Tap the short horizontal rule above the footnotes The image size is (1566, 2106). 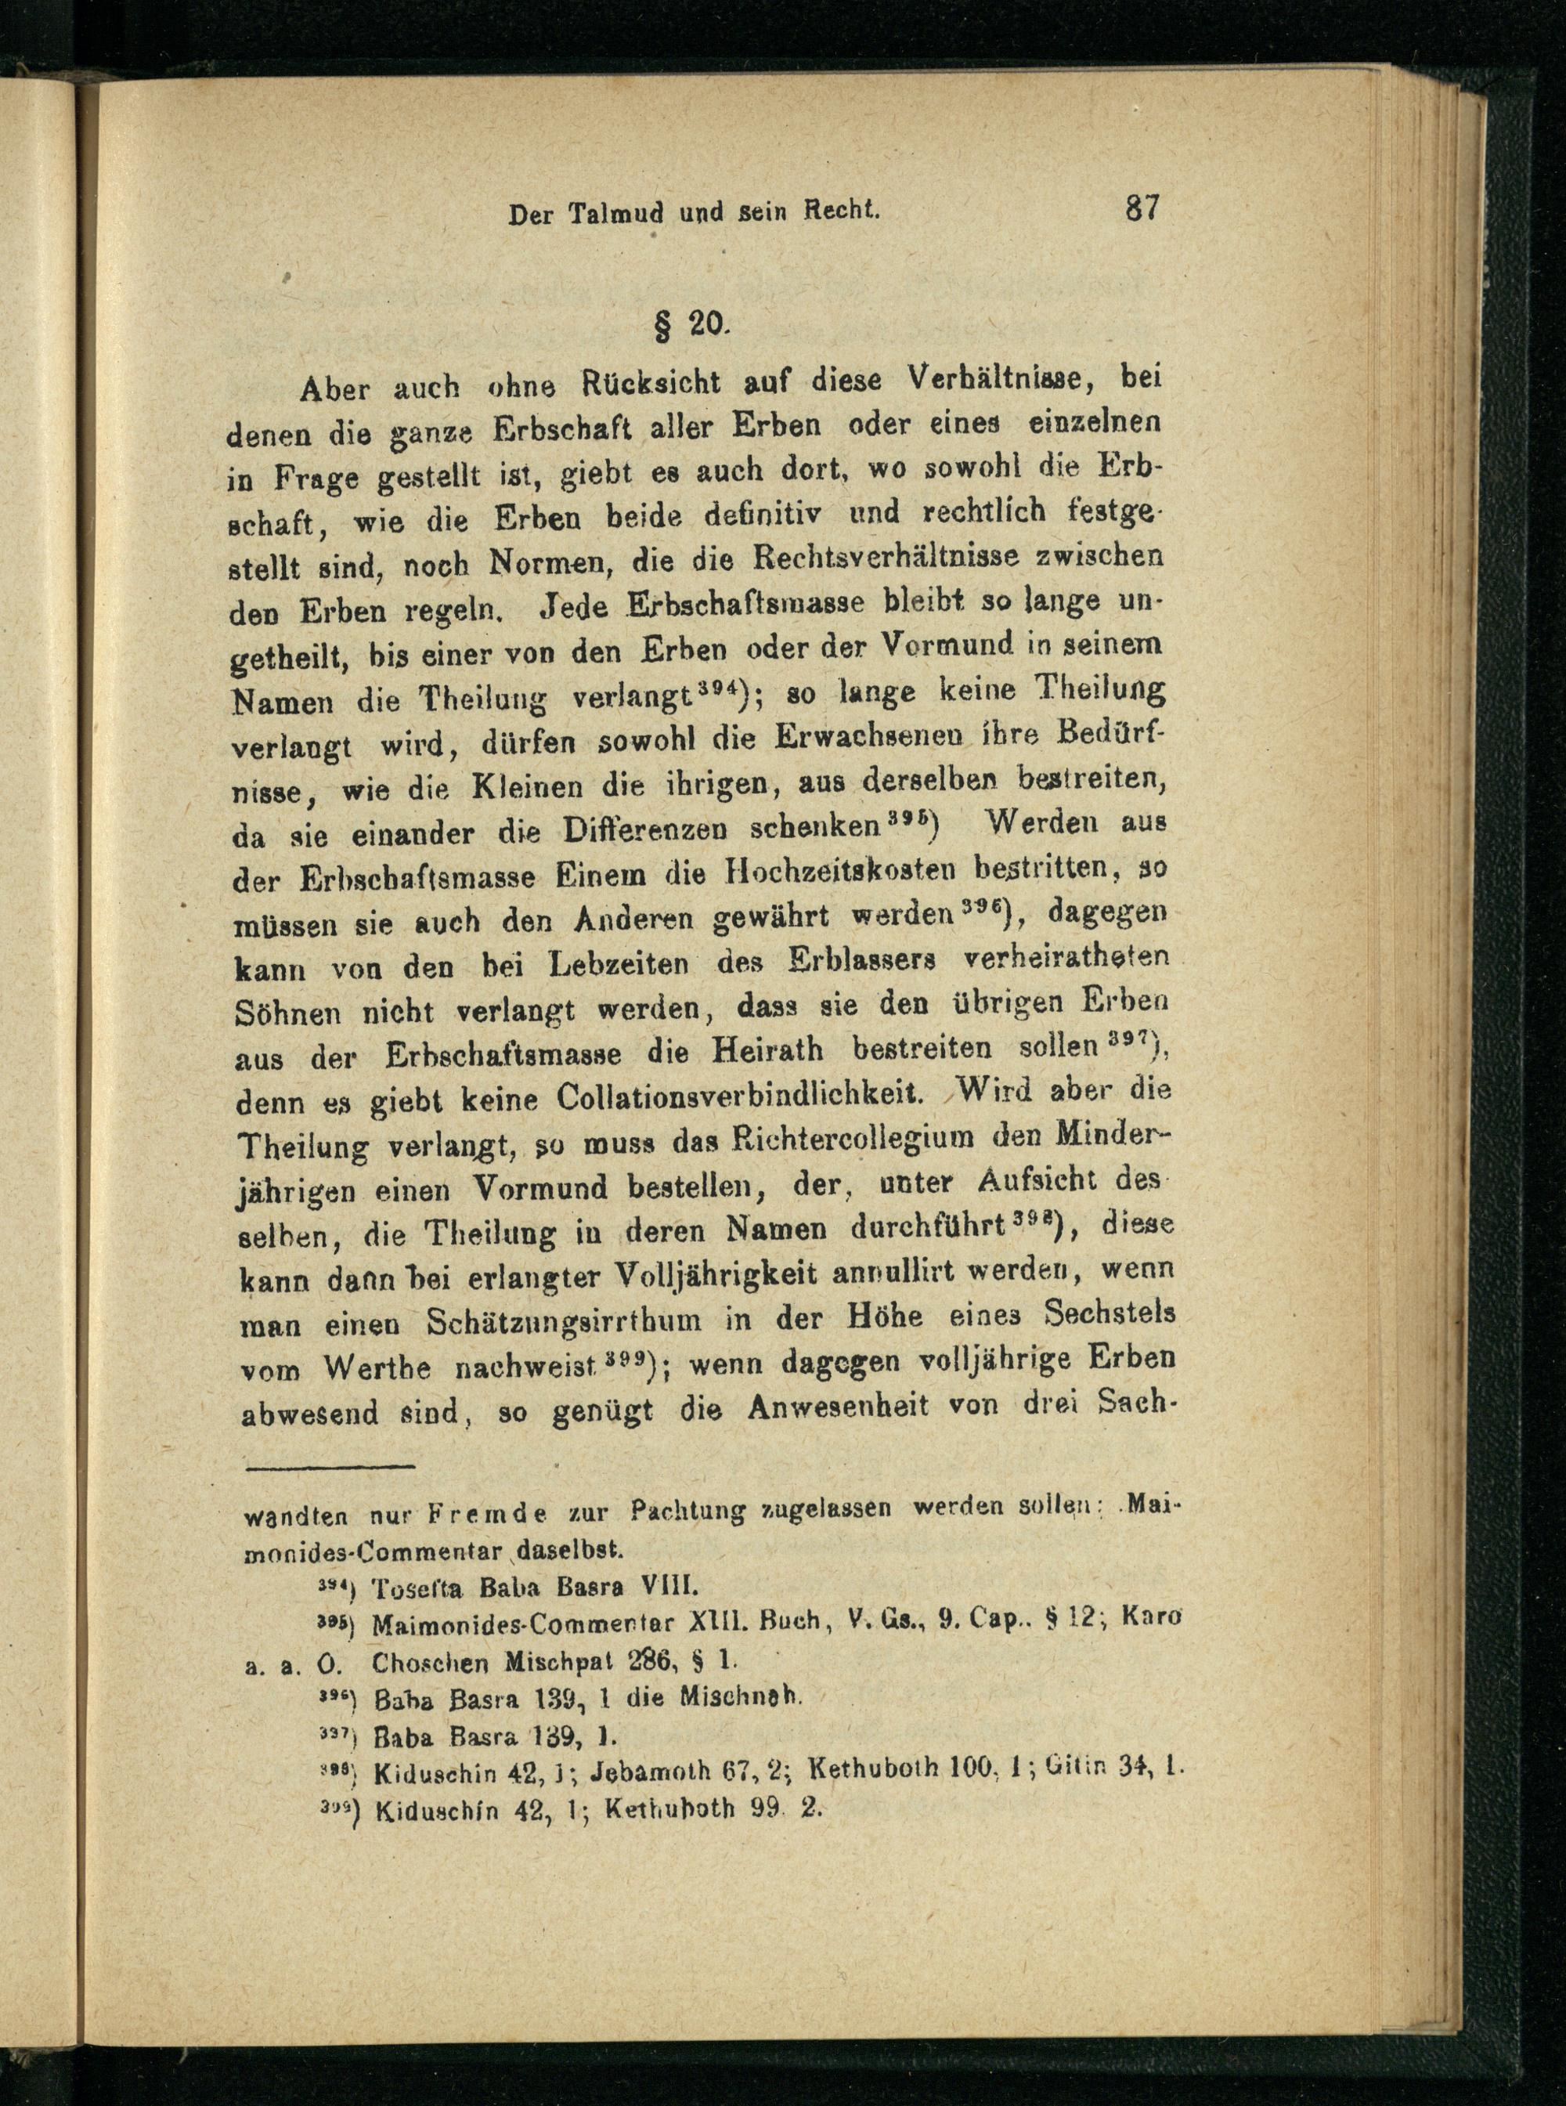coord(331,1468)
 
